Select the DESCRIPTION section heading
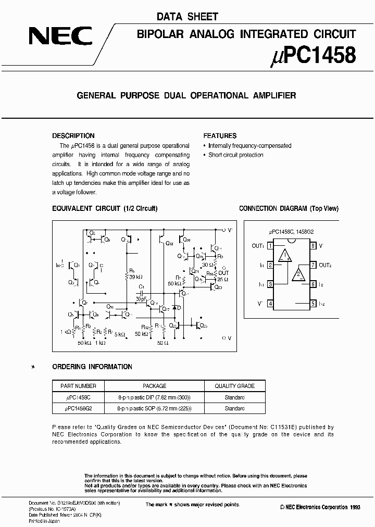coord(73,135)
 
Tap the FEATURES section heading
coord(220,135)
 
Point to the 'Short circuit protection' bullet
coord(235,155)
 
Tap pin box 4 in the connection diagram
coord(270,304)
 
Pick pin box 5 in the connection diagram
coord(313,304)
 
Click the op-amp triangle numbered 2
coord(298,274)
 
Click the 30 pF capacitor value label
coord(141,299)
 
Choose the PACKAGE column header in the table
coord(154,386)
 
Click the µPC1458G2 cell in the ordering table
coord(78,409)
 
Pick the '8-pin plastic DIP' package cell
coord(155,397)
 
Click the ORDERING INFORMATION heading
coord(92,367)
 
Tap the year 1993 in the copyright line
coord(354,507)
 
